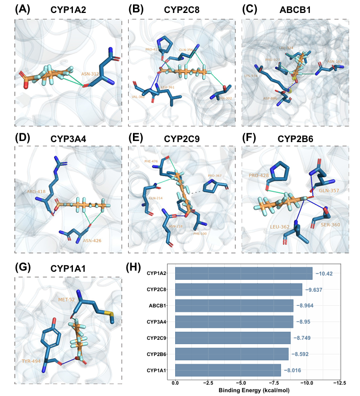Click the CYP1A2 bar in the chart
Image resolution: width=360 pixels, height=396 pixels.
pos(244,273)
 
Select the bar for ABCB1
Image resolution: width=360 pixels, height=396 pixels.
pos(234,306)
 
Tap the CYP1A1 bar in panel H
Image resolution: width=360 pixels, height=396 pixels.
pos(228,371)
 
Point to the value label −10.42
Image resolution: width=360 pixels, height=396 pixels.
pos(324,273)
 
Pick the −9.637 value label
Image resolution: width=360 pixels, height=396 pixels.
pos(315,290)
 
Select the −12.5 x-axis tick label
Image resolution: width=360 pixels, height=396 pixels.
pos(339,382)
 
